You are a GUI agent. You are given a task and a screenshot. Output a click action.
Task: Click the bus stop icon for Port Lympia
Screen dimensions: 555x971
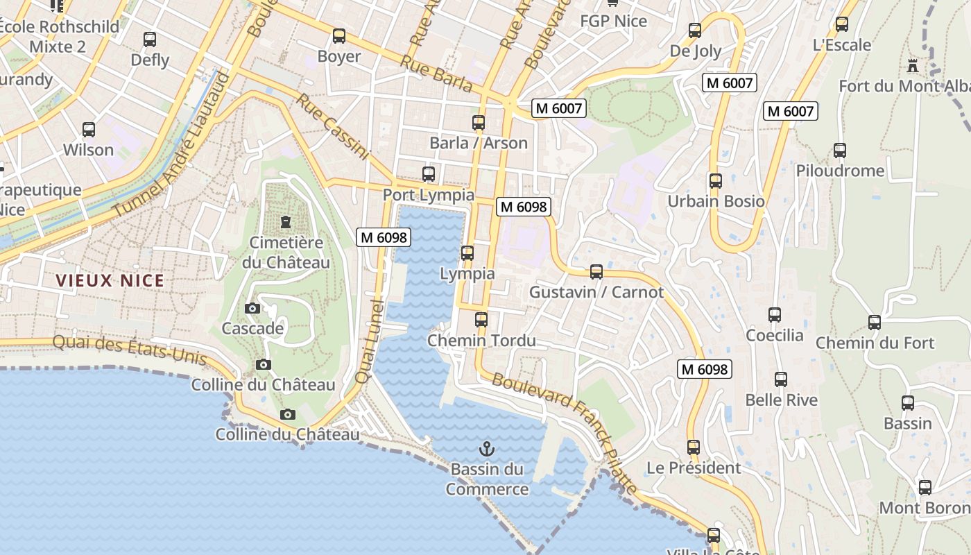[x=429, y=174]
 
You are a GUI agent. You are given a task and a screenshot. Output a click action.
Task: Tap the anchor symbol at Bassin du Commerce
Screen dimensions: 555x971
[x=486, y=448]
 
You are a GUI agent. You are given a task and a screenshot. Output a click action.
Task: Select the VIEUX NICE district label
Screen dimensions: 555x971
[x=110, y=281]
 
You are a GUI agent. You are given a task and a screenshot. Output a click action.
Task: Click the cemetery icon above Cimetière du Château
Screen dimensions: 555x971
[x=285, y=222]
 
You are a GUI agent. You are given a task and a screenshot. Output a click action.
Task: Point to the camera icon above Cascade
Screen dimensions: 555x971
[x=252, y=308]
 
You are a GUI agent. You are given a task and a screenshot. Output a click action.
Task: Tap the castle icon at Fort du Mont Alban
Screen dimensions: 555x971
[x=913, y=67]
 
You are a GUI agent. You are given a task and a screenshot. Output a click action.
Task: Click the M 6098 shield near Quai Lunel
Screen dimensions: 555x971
[x=384, y=237]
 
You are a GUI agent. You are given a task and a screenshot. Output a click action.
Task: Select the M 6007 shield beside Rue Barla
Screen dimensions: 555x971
[x=559, y=108]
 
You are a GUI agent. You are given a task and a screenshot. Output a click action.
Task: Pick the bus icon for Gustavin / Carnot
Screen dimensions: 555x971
[x=596, y=272]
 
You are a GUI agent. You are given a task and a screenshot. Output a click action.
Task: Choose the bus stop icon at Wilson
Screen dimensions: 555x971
[x=89, y=130]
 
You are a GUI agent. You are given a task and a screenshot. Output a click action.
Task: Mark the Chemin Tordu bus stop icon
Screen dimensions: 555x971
[x=481, y=320]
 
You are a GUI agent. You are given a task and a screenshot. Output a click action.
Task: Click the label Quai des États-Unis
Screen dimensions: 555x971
[x=130, y=350]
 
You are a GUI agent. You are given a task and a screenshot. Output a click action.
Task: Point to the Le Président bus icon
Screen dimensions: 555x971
[x=694, y=447]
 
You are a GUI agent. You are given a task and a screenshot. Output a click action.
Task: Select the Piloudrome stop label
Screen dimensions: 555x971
[x=840, y=171]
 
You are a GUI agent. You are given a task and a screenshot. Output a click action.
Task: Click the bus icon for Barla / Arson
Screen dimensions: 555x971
[x=479, y=123]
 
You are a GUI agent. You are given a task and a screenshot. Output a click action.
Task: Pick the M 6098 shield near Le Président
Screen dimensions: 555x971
[x=705, y=369]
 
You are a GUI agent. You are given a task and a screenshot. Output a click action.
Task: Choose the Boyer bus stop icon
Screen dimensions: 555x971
[x=339, y=36]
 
